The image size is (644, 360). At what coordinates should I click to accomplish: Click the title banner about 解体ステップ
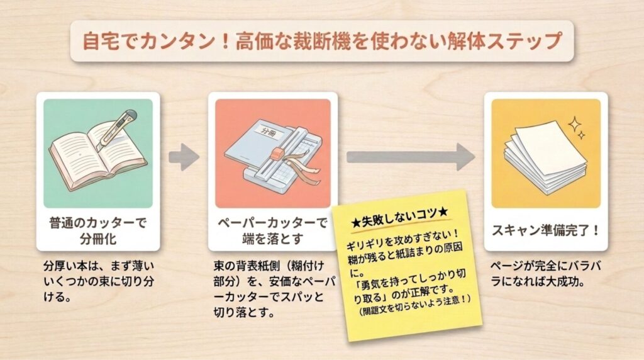321,41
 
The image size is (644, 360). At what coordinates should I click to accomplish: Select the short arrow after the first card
184,157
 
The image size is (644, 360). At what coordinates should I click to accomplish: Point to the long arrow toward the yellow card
411,157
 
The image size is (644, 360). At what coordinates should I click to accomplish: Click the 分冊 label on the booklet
269,133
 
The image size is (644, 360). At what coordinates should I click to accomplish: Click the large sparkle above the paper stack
575,124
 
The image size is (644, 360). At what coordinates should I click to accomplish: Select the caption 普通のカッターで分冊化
97,230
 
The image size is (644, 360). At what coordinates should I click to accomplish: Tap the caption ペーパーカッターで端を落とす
272,230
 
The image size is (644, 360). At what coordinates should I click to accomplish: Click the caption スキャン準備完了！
545,230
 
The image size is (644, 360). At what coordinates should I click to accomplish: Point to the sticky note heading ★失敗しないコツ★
399,218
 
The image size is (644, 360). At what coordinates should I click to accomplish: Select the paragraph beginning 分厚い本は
99,281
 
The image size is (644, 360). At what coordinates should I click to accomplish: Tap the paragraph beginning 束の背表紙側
274,289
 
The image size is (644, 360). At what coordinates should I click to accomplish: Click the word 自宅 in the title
96,41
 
